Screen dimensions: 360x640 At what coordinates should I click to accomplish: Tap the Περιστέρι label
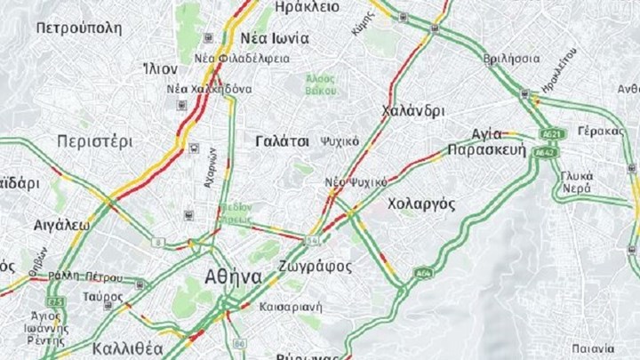[x=94, y=141]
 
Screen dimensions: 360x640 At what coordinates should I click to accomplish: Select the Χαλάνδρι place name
[x=412, y=111]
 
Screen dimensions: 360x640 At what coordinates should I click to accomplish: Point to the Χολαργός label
[x=422, y=204]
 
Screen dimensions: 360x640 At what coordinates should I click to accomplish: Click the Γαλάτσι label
[x=282, y=141]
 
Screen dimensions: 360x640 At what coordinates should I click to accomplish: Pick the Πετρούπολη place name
[x=79, y=27]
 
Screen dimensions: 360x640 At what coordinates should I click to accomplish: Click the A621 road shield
[x=552, y=134]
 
